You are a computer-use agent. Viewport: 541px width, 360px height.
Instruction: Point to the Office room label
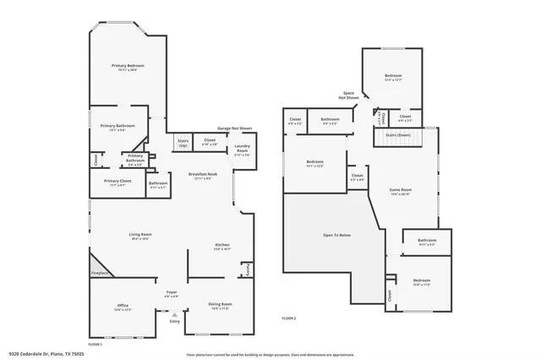pos(122,307)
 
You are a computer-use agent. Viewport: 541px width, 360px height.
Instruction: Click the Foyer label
pos(171,293)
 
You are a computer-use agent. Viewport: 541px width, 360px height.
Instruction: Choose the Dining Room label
pos(220,305)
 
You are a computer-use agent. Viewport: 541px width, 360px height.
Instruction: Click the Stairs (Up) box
pos(183,142)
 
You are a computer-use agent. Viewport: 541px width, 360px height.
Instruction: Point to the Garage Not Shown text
pos(234,128)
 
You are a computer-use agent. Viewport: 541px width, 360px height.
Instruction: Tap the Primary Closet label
pos(117,182)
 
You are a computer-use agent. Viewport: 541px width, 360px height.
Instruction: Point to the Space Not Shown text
pos(348,95)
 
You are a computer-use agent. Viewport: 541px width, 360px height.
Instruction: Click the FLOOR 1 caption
pos(95,344)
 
